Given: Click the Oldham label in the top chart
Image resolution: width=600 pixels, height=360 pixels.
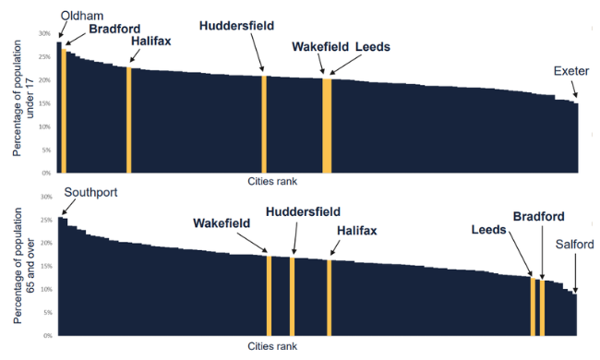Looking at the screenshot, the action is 82,16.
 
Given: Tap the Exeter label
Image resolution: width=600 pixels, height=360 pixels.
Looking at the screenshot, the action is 571,71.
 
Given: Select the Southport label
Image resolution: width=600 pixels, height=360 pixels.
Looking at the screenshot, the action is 90,192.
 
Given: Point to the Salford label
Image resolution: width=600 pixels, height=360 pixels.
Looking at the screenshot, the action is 574,244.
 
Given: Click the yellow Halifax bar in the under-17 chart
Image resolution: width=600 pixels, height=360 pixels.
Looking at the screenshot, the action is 129,120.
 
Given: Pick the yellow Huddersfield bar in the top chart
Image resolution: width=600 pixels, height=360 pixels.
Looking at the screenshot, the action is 264,125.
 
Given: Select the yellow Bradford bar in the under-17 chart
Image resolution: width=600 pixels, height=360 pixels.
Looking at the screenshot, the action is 64,111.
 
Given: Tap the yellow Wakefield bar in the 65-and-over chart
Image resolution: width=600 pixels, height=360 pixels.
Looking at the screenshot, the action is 269,295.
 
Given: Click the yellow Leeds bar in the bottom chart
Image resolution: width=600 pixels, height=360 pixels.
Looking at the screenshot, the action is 533,306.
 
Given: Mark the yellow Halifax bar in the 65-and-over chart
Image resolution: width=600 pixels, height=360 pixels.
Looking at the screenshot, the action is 330,298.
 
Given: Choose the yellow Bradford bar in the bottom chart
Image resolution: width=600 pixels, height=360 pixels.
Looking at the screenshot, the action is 542,308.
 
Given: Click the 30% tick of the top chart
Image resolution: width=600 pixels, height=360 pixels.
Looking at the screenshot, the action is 45,33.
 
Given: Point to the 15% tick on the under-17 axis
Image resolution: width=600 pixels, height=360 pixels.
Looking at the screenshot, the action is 45,103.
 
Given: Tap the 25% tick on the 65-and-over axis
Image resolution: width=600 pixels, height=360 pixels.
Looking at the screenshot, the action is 46,220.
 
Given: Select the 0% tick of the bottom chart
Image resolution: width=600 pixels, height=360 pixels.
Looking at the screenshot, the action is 48,335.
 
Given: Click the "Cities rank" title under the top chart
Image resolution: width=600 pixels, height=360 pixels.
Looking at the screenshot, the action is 272,181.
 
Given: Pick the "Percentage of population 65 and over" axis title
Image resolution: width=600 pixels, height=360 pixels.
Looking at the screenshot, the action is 24,266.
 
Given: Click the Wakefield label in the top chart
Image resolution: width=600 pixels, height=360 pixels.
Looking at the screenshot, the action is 320,47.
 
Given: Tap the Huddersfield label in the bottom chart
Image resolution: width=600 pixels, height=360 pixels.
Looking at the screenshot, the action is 303,211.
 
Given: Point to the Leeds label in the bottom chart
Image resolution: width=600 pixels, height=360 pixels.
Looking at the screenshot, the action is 488,230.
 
